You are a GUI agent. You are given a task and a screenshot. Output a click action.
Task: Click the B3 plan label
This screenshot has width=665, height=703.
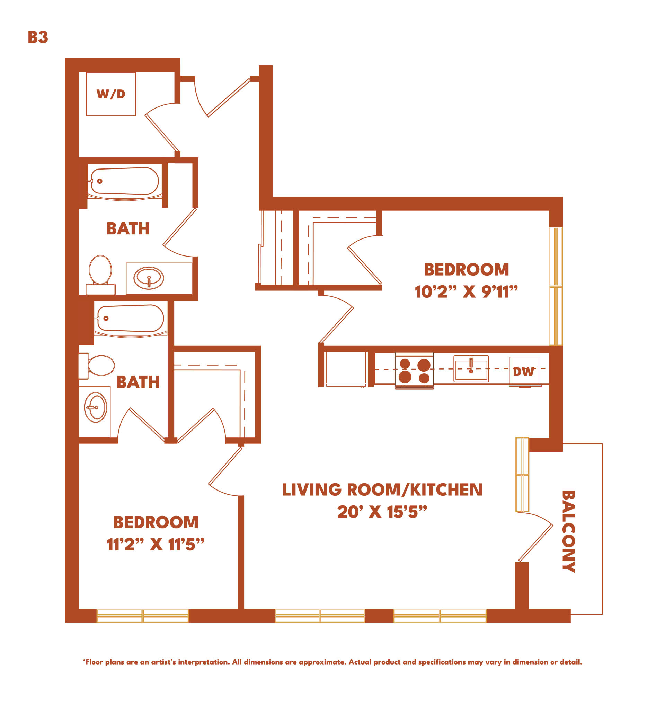(38, 37)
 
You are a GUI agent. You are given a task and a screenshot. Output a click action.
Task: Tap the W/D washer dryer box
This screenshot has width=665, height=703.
(111, 94)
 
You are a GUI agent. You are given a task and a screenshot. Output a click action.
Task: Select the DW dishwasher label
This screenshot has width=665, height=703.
(523, 372)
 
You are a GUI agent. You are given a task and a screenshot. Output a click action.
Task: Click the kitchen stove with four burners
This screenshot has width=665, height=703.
(414, 370)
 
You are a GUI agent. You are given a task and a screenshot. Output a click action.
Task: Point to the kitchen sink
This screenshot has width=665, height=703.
(471, 369)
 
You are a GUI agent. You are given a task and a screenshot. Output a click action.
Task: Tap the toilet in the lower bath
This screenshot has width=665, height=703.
(97, 366)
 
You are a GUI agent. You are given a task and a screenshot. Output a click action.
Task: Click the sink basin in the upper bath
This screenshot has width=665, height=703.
(149, 278)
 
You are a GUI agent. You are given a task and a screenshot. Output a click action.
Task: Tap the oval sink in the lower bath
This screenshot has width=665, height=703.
(95, 407)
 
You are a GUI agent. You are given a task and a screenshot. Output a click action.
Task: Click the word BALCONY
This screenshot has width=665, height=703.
(569, 531)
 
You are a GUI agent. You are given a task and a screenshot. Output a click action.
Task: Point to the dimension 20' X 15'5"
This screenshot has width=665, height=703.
(382, 512)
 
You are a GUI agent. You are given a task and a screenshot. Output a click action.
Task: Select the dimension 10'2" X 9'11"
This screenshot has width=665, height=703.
(466, 292)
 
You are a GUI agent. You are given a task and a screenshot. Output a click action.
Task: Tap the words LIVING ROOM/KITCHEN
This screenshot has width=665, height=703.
(382, 489)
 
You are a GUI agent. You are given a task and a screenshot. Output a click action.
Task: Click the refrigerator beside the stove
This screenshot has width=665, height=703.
(346, 369)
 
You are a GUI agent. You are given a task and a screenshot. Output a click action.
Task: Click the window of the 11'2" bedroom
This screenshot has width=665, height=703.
(142, 616)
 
